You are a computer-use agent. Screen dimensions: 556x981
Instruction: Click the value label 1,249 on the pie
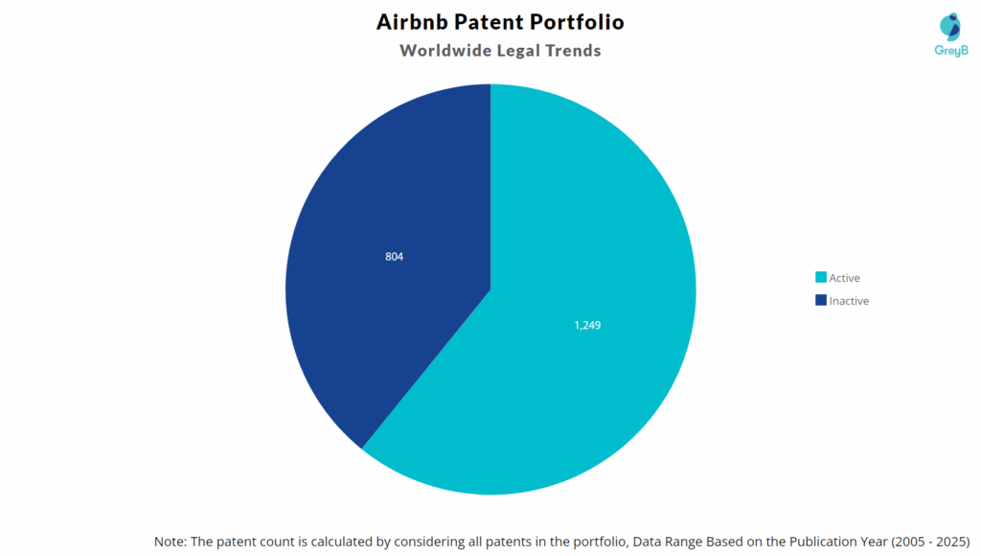coord(587,325)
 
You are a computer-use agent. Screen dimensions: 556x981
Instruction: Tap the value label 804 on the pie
coord(394,256)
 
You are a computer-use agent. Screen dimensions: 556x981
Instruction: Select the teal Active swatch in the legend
coord(820,278)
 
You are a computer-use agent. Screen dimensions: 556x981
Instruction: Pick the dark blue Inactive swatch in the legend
coord(820,301)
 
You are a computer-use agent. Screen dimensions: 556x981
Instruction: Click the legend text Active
coord(845,278)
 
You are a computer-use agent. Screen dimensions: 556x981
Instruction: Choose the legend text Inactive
coord(849,301)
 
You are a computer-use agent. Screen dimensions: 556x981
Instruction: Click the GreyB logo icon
coord(949,29)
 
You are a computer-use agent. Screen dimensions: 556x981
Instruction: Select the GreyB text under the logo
coord(949,51)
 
